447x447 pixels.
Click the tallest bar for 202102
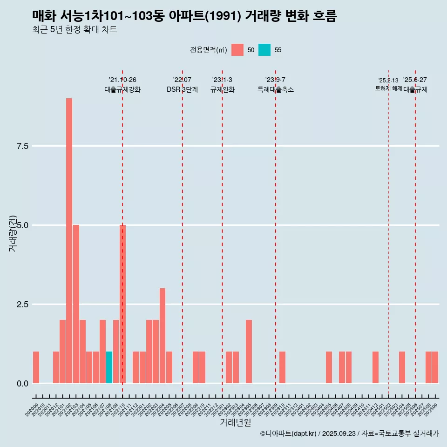pyautogui.click(x=69, y=241)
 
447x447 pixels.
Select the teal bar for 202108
pyautogui.click(x=109, y=367)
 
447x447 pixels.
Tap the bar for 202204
pyautogui.click(x=163, y=336)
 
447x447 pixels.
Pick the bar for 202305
pyautogui.click(x=249, y=352)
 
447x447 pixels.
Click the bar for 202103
pyautogui.click(x=76, y=304)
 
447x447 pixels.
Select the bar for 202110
pyautogui.click(x=122, y=304)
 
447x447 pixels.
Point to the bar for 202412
pyautogui.click(x=375, y=367)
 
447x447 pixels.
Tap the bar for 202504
pyautogui.click(x=402, y=367)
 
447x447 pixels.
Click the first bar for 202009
pyautogui.click(x=36, y=367)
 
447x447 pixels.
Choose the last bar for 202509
pyautogui.click(x=435, y=367)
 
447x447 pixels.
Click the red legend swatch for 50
pyautogui.click(x=237, y=50)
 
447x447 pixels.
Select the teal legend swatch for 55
pyautogui.click(x=264, y=50)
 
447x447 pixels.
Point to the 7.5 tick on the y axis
pyautogui.click(x=23, y=146)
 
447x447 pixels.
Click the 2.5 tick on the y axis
pyautogui.click(x=23, y=305)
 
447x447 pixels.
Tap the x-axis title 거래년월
pyautogui.click(x=235, y=423)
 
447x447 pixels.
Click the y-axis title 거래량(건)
pyautogui.click(x=13, y=233)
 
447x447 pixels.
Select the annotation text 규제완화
pyautogui.click(x=222, y=89)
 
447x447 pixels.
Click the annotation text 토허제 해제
pyautogui.click(x=388, y=88)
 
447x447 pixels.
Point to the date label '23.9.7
pyautogui.click(x=275, y=80)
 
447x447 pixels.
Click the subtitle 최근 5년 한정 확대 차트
pyautogui.click(x=74, y=30)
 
